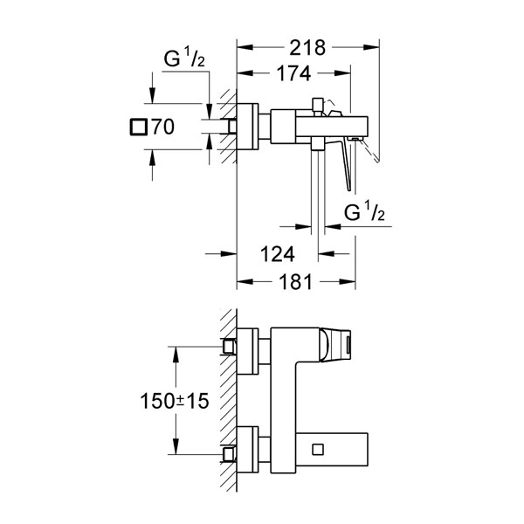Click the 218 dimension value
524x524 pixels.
pyautogui.click(x=307, y=48)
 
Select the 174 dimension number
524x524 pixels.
pyautogui.click(x=293, y=73)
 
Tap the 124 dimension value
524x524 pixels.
pyautogui.click(x=278, y=254)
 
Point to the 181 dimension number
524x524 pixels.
pyautogui.click(x=295, y=282)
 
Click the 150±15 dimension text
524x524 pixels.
pyautogui.click(x=175, y=401)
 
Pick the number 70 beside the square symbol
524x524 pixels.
pyautogui.click(x=163, y=127)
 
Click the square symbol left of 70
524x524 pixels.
pyautogui.click(x=138, y=127)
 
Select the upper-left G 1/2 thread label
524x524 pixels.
pyautogui.click(x=184, y=57)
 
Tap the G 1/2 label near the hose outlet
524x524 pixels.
pyautogui.click(x=364, y=212)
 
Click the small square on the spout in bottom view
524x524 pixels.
pyautogui.click(x=318, y=449)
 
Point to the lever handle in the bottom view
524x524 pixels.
pyautogui.click(x=335, y=345)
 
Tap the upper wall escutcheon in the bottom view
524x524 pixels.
pyautogui.click(x=247, y=351)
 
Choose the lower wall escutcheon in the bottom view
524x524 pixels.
pyautogui.click(x=247, y=450)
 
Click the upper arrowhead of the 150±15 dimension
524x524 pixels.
pyautogui.click(x=176, y=355)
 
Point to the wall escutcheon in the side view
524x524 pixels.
pyautogui.click(x=247, y=127)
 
